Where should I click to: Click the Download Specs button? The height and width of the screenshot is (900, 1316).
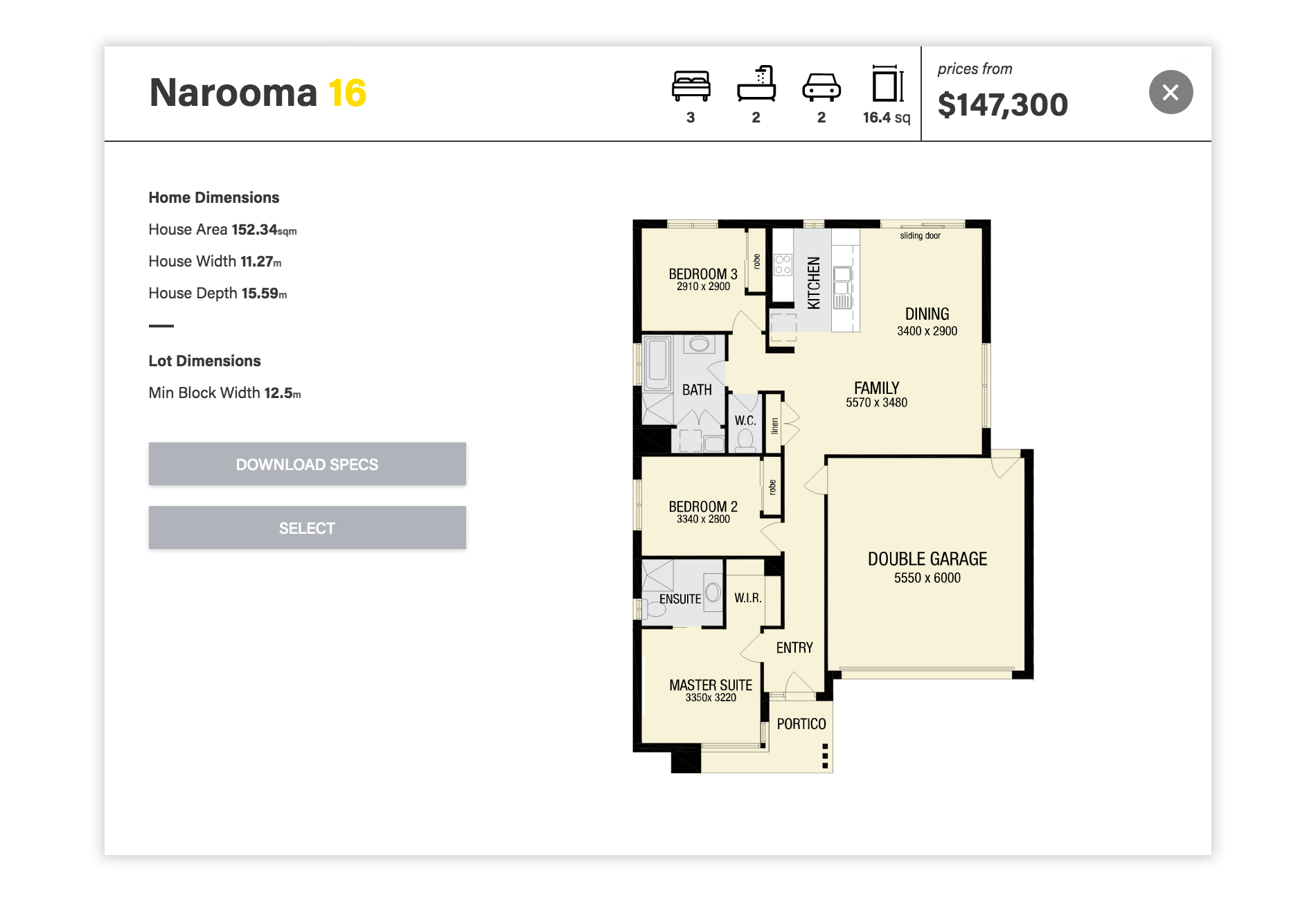coord(307,464)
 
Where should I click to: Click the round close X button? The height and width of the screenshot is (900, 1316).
coord(1171,92)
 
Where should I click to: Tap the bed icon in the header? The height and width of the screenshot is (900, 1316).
coord(691,87)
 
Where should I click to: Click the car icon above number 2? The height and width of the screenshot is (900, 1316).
coord(821,87)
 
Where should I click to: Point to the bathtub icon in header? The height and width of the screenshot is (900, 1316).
coord(756,84)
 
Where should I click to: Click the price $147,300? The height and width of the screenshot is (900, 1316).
coord(1002,105)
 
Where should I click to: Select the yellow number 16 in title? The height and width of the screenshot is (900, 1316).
coord(347,93)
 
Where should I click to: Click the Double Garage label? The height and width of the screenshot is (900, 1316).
coord(927,559)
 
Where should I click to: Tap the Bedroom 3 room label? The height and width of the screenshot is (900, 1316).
coord(702,274)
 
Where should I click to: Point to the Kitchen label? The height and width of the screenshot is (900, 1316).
coord(814,282)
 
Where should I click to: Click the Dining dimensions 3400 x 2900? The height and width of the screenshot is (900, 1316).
coord(927,331)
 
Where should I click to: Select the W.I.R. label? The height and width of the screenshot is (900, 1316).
coord(748,597)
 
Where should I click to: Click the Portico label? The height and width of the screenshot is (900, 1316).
coord(801,724)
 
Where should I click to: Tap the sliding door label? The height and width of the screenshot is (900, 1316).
coord(920,236)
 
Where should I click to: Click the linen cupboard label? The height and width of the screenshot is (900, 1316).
coord(774,426)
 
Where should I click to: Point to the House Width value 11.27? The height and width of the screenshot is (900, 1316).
coord(257,262)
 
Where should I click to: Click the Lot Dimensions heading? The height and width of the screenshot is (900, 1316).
coord(204,361)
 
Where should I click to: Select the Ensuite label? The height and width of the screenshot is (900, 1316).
coord(679,599)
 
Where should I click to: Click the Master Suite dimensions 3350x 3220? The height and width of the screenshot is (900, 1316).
coord(711,698)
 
